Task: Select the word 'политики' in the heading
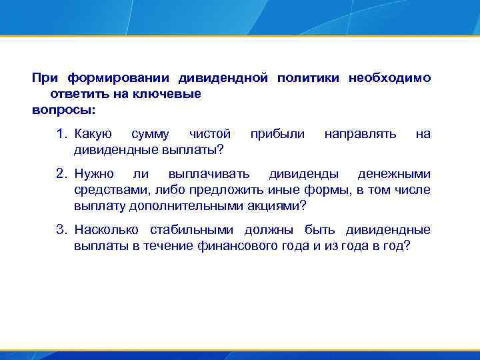click(307, 78)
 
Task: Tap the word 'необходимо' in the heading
click(389, 78)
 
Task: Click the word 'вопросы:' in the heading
click(64, 108)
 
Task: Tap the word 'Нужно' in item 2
click(94, 175)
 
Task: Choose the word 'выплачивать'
click(209, 175)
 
